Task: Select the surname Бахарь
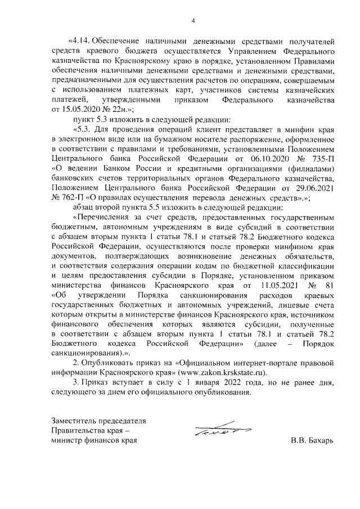click(321, 440)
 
